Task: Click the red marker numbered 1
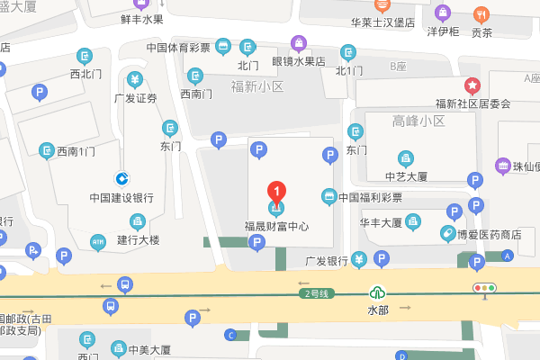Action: coord(277,192)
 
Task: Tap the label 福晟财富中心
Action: coord(277,227)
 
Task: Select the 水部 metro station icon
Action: coord(379,292)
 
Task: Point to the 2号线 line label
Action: coord(317,293)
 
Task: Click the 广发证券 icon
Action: coord(135,79)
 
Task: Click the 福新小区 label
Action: coord(256,87)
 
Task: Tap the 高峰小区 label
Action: coord(418,121)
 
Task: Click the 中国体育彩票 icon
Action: coord(223,47)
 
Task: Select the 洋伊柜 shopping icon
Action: coord(443,13)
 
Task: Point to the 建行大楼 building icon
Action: coord(138,220)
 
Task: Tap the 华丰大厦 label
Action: coord(380,221)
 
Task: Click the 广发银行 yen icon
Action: coord(359,261)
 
